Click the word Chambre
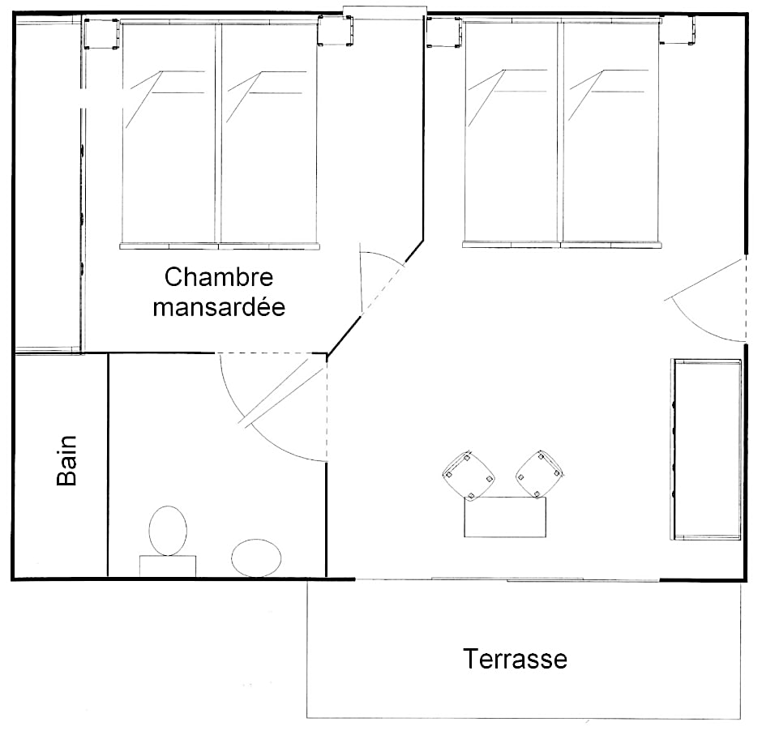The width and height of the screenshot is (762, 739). coord(219,277)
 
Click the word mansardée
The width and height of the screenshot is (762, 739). coord(219,307)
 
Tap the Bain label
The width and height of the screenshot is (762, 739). coord(67,460)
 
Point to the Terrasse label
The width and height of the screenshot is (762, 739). coord(515,659)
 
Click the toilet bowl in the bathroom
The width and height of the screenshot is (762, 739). coord(168,531)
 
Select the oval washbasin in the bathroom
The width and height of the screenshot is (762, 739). coord(256,557)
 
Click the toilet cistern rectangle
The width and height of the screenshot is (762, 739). coord(168,566)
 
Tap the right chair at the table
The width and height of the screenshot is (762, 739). coord(540,474)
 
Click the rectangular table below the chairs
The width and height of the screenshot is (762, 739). coord(505,516)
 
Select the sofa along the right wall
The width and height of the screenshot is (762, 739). coord(707,450)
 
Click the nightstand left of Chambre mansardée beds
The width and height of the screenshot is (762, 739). coord(101,34)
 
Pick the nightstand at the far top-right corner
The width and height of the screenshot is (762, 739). coord(678,30)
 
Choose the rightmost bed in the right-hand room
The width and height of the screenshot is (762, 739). coord(611,132)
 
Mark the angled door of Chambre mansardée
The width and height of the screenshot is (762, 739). coord(382,281)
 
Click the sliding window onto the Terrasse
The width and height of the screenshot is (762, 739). coord(507,579)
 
